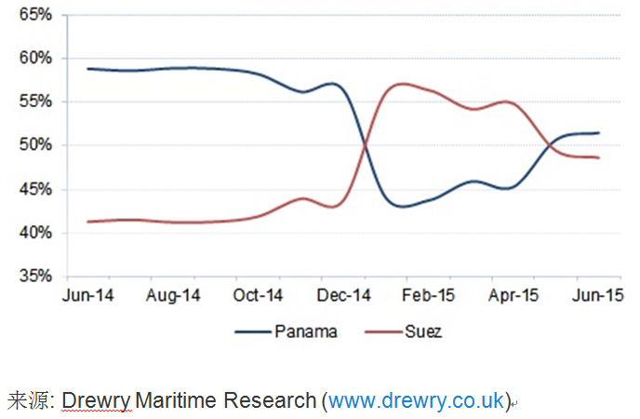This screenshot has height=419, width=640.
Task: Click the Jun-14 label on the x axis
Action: (x=87, y=296)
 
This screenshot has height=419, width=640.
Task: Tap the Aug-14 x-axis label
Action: (x=173, y=296)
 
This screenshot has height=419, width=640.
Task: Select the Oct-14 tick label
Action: (x=257, y=296)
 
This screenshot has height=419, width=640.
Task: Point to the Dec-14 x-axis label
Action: (x=343, y=296)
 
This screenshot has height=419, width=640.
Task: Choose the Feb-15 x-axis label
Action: (x=428, y=296)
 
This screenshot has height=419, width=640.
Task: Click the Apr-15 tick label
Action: (x=513, y=296)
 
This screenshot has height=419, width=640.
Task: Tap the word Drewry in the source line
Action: (x=97, y=400)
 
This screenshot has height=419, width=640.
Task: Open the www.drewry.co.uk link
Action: (x=416, y=400)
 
